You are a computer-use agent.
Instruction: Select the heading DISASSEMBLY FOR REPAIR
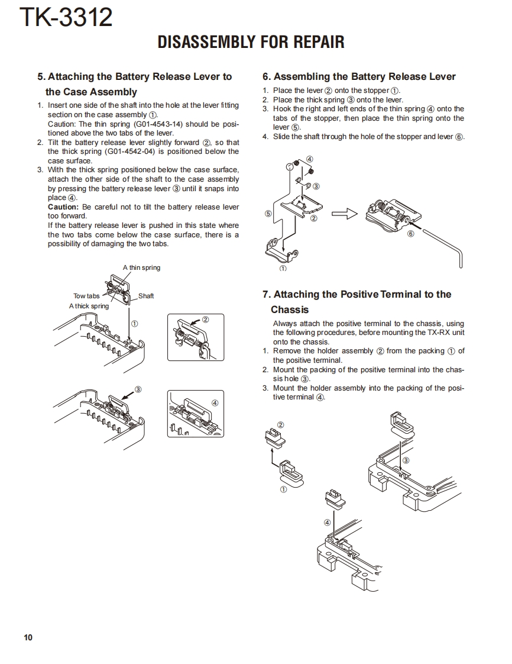(x=251, y=42)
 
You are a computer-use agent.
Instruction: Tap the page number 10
(x=28, y=637)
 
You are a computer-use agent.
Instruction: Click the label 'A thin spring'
(x=141, y=267)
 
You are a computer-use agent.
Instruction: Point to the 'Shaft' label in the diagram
(x=145, y=296)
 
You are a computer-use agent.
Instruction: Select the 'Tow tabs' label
(x=86, y=296)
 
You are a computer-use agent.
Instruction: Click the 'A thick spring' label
(x=89, y=306)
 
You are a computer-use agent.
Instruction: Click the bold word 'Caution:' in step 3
(x=63, y=207)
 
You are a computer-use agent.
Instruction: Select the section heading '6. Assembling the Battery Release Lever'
(x=359, y=76)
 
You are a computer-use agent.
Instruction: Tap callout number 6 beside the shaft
(x=411, y=234)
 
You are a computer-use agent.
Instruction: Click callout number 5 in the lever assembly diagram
(x=268, y=213)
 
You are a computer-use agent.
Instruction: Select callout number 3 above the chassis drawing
(x=406, y=460)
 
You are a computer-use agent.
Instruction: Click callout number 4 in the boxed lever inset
(x=215, y=402)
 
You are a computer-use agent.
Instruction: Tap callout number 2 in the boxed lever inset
(x=205, y=320)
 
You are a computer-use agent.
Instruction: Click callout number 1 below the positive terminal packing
(x=283, y=489)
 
